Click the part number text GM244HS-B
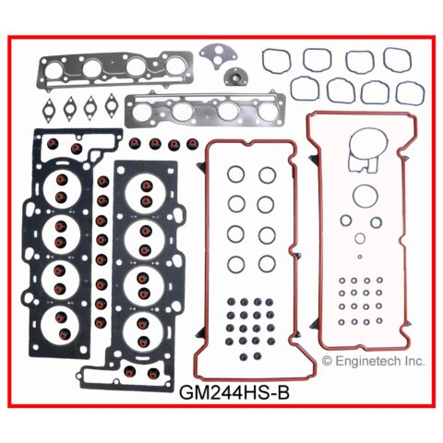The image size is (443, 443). pos(234,392)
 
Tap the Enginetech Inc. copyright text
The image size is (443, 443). pos(374,361)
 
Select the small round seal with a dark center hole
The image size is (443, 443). pos(233,76)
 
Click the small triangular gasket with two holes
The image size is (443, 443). pos(218,54)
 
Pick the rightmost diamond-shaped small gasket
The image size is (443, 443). pos(111,104)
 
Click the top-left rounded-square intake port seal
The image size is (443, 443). pos(276,60)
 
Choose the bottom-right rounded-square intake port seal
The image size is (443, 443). pos(411,93)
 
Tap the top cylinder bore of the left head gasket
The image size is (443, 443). pos(63,188)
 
